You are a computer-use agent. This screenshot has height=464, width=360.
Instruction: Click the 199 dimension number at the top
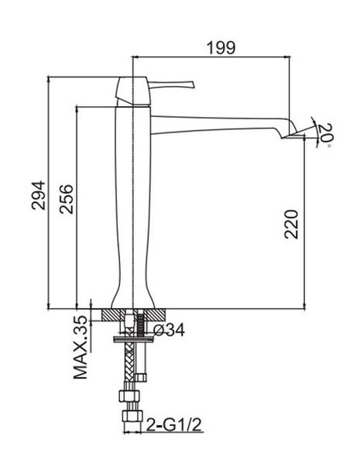click(221, 48)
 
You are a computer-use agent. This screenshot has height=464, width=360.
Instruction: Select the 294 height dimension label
click(39, 195)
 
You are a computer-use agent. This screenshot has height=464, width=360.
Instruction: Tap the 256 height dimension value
click(66, 199)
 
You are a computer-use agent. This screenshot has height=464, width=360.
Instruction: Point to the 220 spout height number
click(291, 224)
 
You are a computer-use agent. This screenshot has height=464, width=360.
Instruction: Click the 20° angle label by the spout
click(325, 135)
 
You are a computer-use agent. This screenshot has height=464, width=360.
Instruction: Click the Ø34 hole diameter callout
click(169, 330)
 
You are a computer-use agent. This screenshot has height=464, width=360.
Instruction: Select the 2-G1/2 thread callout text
click(174, 425)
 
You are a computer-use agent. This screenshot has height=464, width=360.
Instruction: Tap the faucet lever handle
click(170, 84)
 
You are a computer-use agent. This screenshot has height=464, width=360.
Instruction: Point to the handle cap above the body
click(132, 91)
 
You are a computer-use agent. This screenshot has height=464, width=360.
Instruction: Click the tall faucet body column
click(133, 207)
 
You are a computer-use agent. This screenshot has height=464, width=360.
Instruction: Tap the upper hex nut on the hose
click(129, 396)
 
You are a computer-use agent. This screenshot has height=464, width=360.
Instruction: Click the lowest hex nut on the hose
click(132, 415)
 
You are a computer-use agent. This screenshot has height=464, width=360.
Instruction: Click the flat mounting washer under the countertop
click(134, 339)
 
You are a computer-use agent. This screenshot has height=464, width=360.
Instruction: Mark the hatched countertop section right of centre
click(155, 314)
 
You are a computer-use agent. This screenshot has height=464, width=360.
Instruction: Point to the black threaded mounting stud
click(141, 325)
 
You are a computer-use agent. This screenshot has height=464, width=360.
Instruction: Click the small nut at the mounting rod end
click(141, 377)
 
